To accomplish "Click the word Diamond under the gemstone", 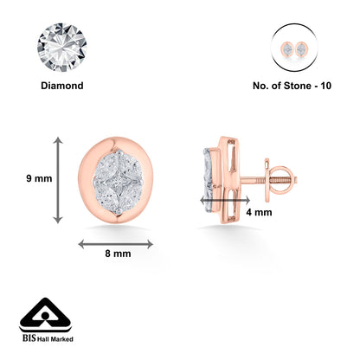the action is [62, 86].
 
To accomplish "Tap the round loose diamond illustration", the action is [62, 48].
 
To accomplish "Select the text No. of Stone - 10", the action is [292, 86].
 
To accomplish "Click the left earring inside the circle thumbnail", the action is [287, 49].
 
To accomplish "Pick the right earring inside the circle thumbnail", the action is [301, 49].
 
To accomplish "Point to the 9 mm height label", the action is [39, 178].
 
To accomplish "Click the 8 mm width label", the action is [118, 254].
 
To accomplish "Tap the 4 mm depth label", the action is [259, 212].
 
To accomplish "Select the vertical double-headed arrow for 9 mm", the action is [58, 180].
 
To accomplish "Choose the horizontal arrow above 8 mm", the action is [116, 244].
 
